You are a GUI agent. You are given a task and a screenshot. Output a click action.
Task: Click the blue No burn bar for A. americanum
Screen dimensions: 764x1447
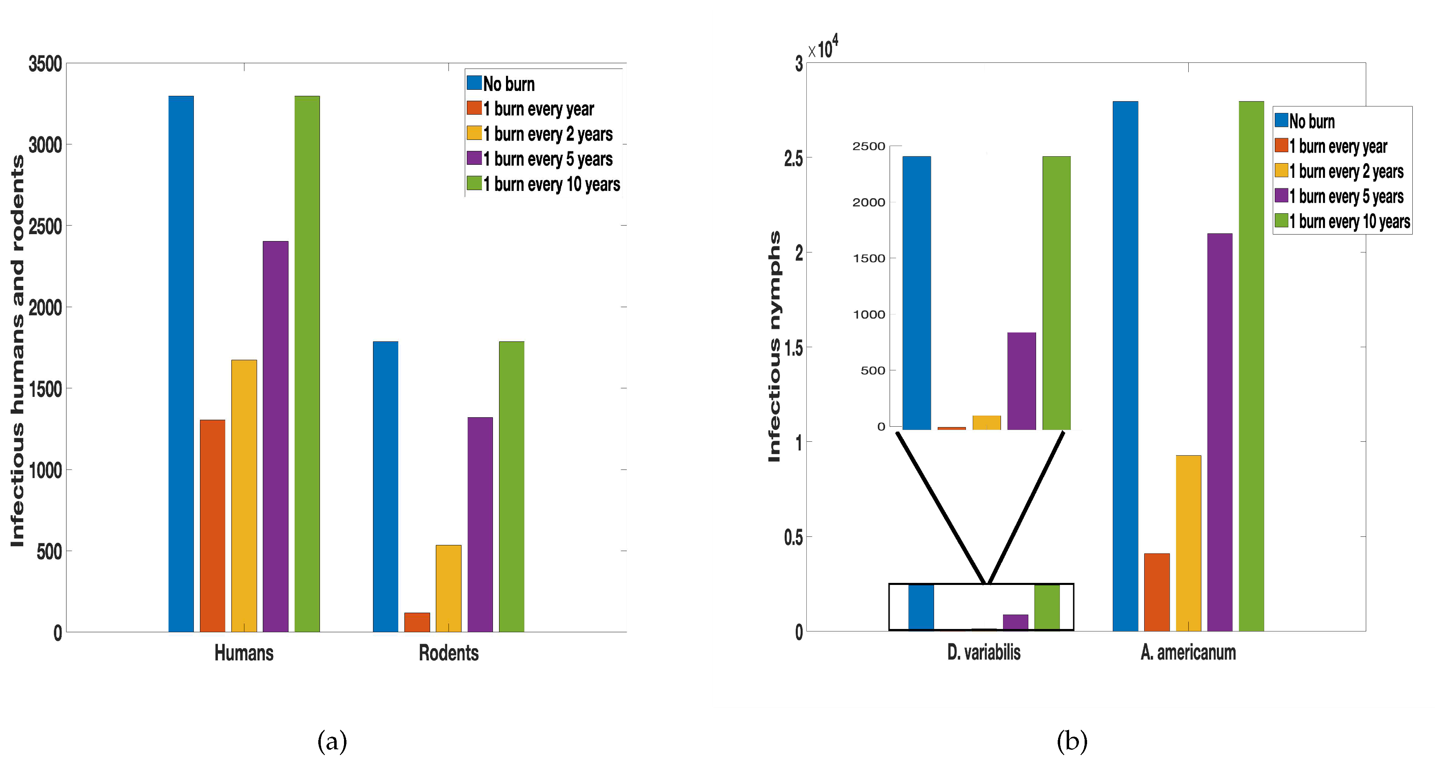(x=1125, y=365)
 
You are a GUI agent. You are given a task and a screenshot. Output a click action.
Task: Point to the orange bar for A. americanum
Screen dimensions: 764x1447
(x=1156, y=592)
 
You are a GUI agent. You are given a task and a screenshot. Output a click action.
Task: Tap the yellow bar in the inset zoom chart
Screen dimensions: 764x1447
(x=986, y=422)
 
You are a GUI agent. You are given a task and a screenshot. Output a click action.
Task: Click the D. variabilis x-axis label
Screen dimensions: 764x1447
(x=983, y=652)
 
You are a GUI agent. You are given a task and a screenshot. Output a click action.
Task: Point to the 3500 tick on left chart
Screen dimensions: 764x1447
(x=45, y=64)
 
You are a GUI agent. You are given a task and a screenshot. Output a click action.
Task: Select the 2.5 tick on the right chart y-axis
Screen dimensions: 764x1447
(x=793, y=159)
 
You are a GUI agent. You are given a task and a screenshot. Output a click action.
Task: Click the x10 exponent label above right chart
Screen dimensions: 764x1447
(x=823, y=48)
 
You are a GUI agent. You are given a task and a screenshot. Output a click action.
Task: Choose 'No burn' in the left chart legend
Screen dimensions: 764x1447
(x=508, y=84)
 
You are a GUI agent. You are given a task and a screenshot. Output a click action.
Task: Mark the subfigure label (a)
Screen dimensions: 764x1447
(x=332, y=741)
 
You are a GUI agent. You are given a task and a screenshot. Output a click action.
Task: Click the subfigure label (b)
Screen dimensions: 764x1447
(x=1072, y=741)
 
